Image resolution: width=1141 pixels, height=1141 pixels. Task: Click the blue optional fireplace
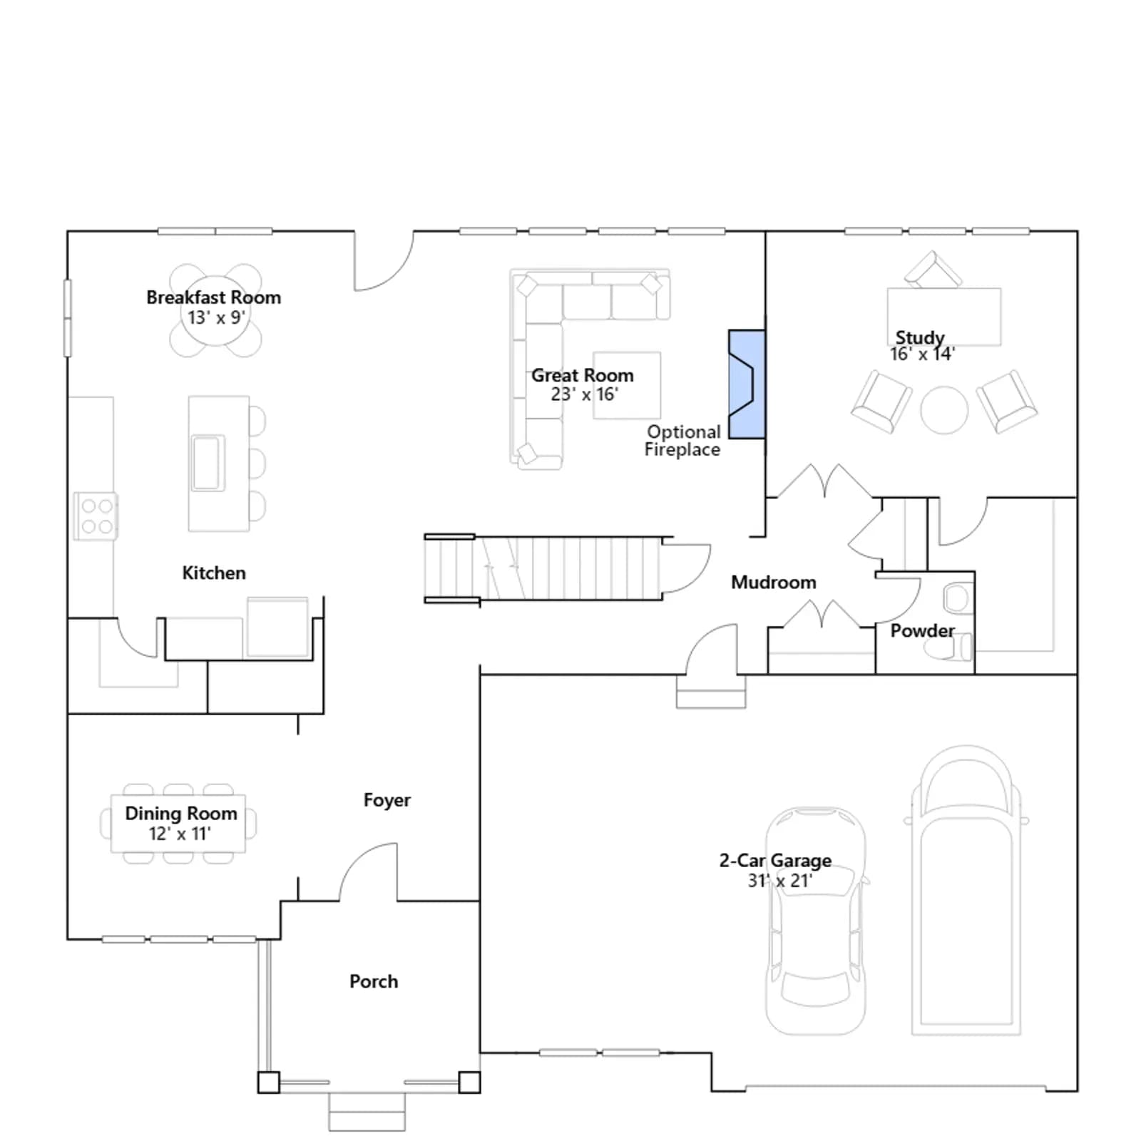(747, 384)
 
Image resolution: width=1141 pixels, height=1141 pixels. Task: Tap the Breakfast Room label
(213, 297)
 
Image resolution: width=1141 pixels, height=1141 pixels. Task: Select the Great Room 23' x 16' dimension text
(584, 394)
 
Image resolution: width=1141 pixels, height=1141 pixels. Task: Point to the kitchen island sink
(208, 463)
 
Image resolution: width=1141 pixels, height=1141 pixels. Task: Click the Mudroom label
(774, 583)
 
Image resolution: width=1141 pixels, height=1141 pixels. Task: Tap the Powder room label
(922, 631)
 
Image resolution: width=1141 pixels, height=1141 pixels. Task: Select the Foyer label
(387, 800)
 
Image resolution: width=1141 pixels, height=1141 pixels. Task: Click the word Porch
(374, 981)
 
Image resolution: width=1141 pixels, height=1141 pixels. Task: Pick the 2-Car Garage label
(775, 861)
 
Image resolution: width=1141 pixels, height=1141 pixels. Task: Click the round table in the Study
(944, 410)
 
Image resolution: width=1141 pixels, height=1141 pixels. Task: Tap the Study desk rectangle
(944, 317)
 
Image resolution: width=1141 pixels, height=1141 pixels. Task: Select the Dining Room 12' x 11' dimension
(180, 834)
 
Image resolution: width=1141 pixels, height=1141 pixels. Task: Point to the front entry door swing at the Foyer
(368, 871)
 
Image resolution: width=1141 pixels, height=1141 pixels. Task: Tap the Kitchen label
(214, 573)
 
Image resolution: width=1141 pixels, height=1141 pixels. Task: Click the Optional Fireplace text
(683, 441)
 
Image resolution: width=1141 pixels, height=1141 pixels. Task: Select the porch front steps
(367, 1112)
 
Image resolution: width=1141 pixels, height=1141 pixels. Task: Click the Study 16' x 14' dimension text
(922, 354)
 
